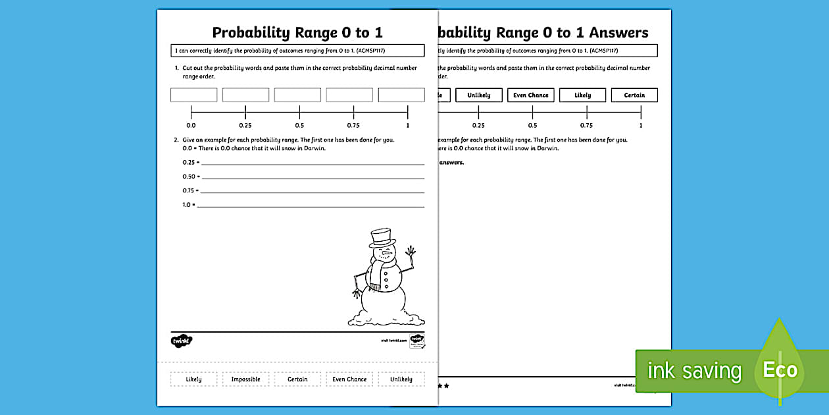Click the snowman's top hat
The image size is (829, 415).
(x=382, y=237)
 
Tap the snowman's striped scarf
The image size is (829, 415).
(x=378, y=273)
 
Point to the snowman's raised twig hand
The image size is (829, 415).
(x=411, y=251)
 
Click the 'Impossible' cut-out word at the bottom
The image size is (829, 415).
(x=245, y=379)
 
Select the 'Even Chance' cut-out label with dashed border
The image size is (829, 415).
(x=349, y=379)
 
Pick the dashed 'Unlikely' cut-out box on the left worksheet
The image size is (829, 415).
(x=401, y=379)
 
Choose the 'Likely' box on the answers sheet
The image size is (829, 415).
(x=582, y=95)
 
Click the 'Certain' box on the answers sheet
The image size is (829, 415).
(x=634, y=95)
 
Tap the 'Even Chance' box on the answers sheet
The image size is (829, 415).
(x=531, y=95)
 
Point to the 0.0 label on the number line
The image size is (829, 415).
(x=191, y=125)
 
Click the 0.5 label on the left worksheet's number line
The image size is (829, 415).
(x=299, y=125)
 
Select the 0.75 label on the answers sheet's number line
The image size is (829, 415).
(x=586, y=125)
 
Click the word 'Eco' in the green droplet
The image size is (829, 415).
(x=780, y=370)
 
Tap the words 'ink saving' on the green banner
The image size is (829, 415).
(x=693, y=371)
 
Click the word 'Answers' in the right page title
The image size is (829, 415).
(x=618, y=32)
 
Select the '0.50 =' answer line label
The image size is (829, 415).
(x=190, y=177)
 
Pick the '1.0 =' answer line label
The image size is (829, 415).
(x=189, y=205)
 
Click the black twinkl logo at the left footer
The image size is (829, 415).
(x=182, y=341)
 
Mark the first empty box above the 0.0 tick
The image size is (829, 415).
(x=193, y=95)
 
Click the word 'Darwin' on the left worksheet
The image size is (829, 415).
(x=314, y=148)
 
